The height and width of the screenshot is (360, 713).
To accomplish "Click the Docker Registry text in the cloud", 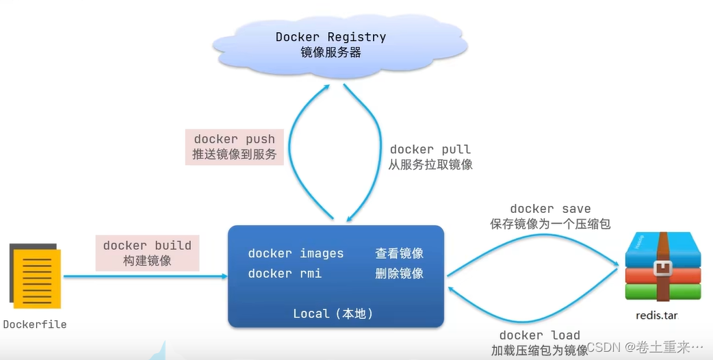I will click(330, 37).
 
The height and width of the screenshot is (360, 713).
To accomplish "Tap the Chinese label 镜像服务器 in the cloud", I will click(330, 53).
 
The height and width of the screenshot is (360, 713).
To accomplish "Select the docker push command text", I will click(235, 140).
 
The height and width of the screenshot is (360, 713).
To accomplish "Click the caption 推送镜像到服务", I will click(235, 155).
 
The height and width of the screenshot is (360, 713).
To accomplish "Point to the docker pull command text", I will click(430, 149).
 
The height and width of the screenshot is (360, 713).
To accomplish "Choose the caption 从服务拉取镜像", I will click(430, 164).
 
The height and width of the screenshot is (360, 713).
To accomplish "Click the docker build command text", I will click(147, 245).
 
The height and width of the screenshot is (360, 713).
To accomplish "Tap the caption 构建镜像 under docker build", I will click(147, 260).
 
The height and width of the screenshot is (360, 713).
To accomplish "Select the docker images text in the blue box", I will click(296, 253).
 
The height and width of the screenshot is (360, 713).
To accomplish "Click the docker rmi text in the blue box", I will click(285, 273).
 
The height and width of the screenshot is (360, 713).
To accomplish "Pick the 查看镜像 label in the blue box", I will click(399, 253).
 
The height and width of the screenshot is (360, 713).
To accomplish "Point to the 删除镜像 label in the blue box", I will click(399, 273).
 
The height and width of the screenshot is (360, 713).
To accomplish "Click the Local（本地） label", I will click(333, 313).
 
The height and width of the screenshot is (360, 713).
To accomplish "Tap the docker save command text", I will click(550, 209).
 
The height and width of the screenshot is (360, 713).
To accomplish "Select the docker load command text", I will click(540, 335).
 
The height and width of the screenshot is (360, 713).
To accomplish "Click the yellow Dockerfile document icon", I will click(35, 277).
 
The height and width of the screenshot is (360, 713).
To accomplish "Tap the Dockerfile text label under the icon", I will click(35, 324).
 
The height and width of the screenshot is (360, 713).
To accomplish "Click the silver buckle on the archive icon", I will click(662, 268).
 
